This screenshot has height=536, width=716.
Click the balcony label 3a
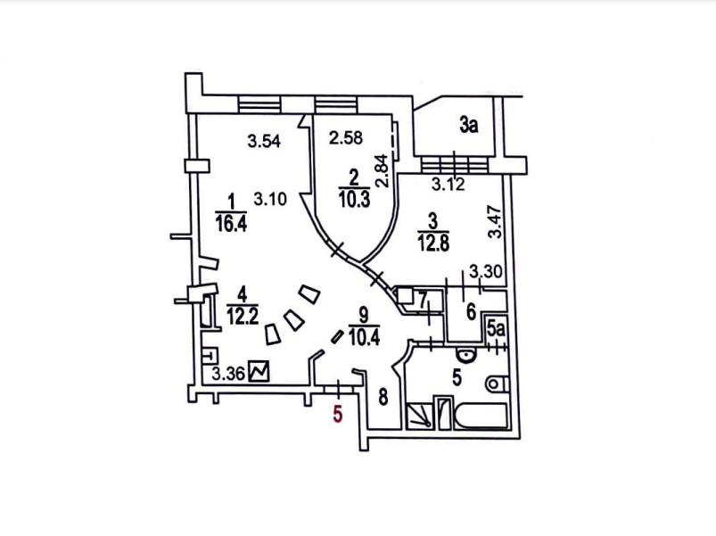469,125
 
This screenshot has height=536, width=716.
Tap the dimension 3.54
265,141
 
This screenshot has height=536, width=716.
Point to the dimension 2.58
347,138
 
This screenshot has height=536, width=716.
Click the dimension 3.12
448,186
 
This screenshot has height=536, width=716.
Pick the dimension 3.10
269,200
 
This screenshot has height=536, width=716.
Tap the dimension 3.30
485,272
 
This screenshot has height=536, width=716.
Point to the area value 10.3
354,199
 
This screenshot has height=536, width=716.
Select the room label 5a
497,330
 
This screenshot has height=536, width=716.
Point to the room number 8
383,397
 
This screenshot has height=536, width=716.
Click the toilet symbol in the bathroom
496,384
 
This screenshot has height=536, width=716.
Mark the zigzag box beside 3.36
260,370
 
